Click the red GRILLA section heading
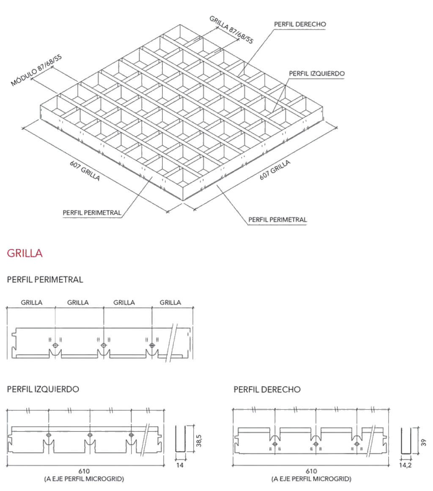[x=25, y=254]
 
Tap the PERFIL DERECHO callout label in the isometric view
[x=300, y=24]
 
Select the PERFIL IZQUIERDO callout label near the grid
[x=317, y=74]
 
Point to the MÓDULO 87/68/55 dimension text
[x=36, y=70]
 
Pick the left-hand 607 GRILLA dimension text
[x=85, y=171]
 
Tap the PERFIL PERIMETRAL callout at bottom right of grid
[x=277, y=220]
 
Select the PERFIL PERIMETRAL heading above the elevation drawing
[x=45, y=280]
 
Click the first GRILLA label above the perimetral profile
[x=31, y=303]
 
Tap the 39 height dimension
[x=424, y=442]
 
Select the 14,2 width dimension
[x=405, y=465]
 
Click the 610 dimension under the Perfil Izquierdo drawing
[x=85, y=471]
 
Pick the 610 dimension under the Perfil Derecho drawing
[x=311, y=471]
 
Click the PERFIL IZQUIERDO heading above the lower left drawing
[x=43, y=389]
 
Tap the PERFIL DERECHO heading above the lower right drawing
[x=267, y=389]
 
